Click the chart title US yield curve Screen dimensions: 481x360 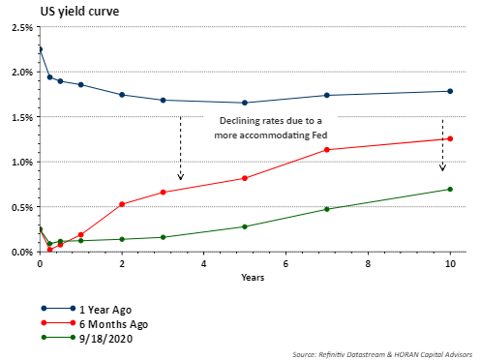coord(79,12)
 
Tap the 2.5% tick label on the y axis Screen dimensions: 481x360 coord(22,27)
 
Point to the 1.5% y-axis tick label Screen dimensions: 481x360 coord(22,117)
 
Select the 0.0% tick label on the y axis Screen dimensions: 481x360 coord(22,252)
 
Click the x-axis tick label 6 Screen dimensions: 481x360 coord(286,264)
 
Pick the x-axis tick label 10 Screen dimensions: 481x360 coord(450,264)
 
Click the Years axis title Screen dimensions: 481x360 coord(253,278)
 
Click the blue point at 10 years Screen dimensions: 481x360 coord(450,91)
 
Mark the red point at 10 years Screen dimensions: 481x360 coord(450,138)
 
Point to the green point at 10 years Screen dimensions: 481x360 coord(450,189)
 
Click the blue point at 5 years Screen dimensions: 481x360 coord(245,103)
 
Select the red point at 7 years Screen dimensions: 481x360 coord(327,150)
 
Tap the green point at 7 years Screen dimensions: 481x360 coord(327,209)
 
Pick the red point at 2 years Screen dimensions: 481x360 coord(122,204)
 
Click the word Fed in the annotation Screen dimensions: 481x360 coord(319,135)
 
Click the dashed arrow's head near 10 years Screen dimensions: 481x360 coord(442,167)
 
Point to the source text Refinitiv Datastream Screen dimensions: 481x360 coord(352,354)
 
